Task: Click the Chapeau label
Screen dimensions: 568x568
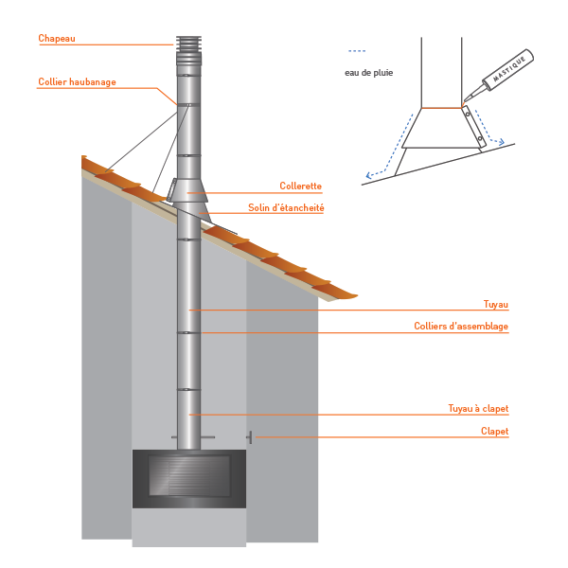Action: (x=57, y=39)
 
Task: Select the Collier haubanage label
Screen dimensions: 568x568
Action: (x=78, y=81)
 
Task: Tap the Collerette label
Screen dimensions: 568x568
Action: (x=301, y=186)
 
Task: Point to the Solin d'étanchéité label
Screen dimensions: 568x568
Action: (x=286, y=208)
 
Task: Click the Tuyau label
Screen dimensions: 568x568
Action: (x=496, y=304)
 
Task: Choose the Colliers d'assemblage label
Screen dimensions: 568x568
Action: (x=461, y=326)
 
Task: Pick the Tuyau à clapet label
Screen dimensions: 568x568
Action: (x=478, y=409)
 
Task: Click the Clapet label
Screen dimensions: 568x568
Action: (x=494, y=431)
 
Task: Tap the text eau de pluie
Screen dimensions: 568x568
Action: (x=369, y=73)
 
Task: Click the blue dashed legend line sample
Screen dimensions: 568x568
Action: (x=357, y=51)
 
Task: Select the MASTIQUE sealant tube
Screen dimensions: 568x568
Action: (x=499, y=75)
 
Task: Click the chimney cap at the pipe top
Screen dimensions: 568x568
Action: (x=188, y=51)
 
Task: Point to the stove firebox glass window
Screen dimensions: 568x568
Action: (x=189, y=475)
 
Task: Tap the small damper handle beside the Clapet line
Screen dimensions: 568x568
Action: (x=250, y=437)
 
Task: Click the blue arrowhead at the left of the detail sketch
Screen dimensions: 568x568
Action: (x=369, y=176)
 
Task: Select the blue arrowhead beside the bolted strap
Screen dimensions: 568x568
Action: (x=501, y=142)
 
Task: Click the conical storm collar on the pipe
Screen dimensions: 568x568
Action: (x=189, y=190)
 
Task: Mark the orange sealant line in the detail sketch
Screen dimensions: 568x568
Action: (x=441, y=108)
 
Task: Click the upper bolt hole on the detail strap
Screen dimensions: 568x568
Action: (x=468, y=115)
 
